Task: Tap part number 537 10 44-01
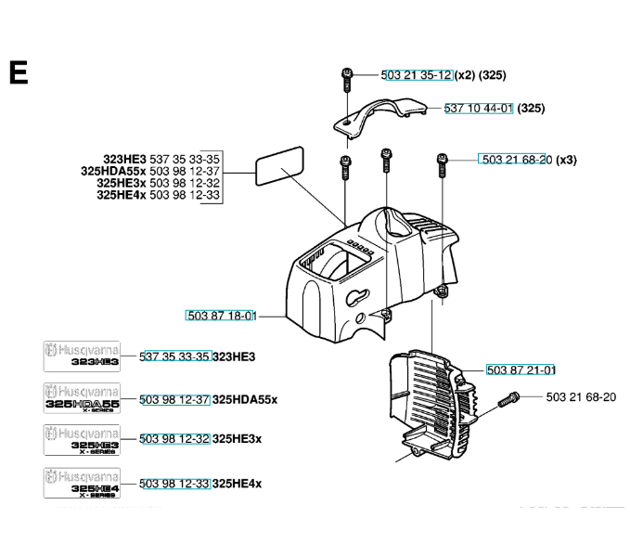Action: pyautogui.click(x=479, y=109)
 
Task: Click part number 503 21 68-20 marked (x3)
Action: pyautogui.click(x=515, y=160)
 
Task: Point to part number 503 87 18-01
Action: pyautogui.click(x=221, y=317)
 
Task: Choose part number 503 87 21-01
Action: pyautogui.click(x=521, y=369)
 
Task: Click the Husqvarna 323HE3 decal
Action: pyautogui.click(x=81, y=356)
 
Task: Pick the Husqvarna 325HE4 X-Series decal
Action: pyautogui.click(x=81, y=484)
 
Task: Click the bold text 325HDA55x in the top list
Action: pyautogui.click(x=113, y=171)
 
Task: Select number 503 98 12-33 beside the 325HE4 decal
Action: pyautogui.click(x=174, y=484)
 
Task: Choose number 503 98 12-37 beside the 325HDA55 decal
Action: pyautogui.click(x=174, y=399)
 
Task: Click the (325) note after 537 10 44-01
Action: pyautogui.click(x=531, y=109)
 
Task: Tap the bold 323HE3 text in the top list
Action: pyautogui.click(x=124, y=159)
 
